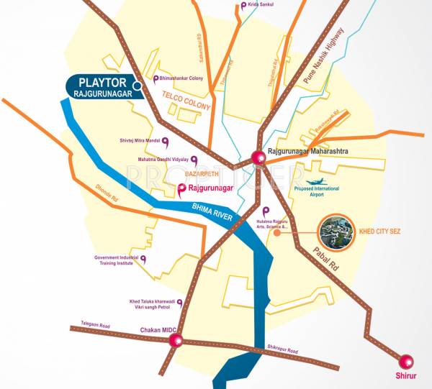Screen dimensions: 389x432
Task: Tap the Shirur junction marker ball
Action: tap(407, 361)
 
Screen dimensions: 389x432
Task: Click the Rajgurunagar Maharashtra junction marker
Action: tap(258, 160)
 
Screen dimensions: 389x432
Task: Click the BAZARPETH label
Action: tap(186, 174)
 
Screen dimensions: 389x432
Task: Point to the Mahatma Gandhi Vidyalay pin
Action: tap(194, 158)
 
